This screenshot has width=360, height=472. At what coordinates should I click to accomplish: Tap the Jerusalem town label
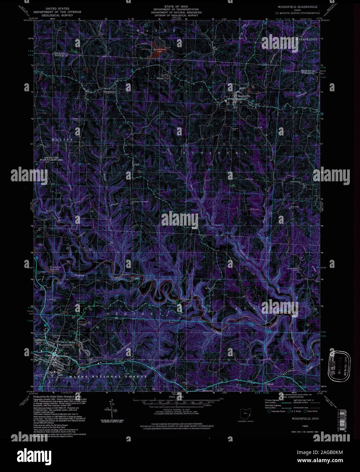pyautogui.click(x=108, y=91)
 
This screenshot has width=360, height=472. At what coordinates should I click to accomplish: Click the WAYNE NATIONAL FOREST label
pyautogui.click(x=108, y=377)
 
